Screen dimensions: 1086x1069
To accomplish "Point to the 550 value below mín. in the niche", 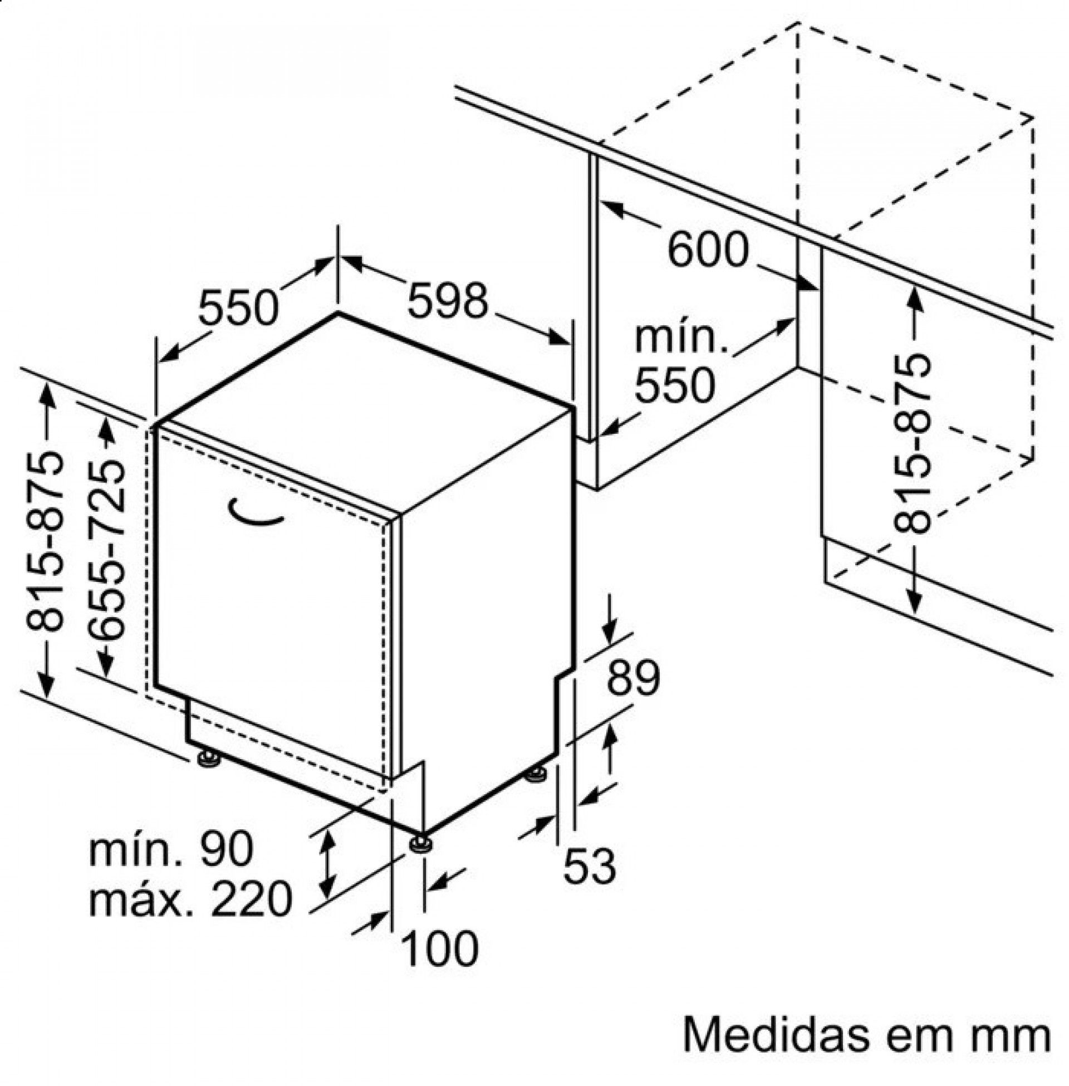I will pyautogui.click(x=675, y=385).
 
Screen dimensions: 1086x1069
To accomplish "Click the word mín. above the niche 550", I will pyautogui.click(x=681, y=338).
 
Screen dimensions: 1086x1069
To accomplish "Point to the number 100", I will pyautogui.click(x=442, y=948).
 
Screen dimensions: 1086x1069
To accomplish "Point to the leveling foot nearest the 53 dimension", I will pyautogui.click(x=535, y=776).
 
